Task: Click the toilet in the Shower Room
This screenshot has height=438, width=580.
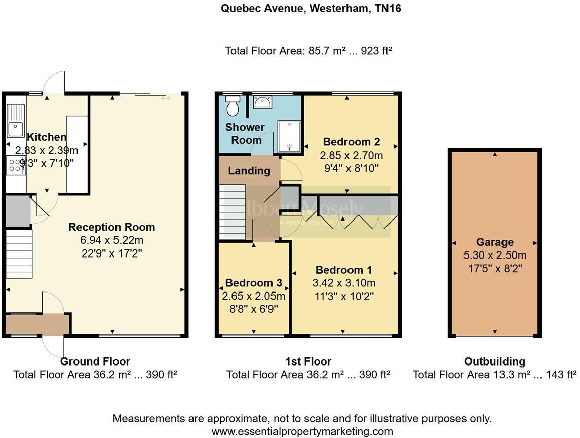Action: coord(233,106)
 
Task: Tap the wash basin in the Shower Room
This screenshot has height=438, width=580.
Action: coord(262,103)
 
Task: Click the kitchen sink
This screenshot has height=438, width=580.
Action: coord(16,121)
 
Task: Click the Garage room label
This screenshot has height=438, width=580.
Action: coord(494,242)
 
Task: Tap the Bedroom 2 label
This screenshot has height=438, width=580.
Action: coord(351,142)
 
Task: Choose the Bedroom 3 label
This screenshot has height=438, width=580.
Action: coord(253,283)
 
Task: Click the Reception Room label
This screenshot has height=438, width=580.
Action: coord(112,227)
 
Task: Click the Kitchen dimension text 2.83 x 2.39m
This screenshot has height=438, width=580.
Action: coord(47,150)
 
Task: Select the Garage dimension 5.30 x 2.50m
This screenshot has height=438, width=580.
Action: coord(494,255)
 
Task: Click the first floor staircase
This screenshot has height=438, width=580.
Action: coord(233,211)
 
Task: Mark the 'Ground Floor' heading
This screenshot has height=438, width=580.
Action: coord(95,361)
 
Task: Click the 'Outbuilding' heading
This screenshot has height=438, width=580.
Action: coord(494,361)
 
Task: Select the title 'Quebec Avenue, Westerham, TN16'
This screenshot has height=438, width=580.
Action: coord(312,8)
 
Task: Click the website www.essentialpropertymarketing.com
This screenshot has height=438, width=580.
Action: coord(302,431)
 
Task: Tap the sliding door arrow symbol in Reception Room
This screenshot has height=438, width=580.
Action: coord(166,98)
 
